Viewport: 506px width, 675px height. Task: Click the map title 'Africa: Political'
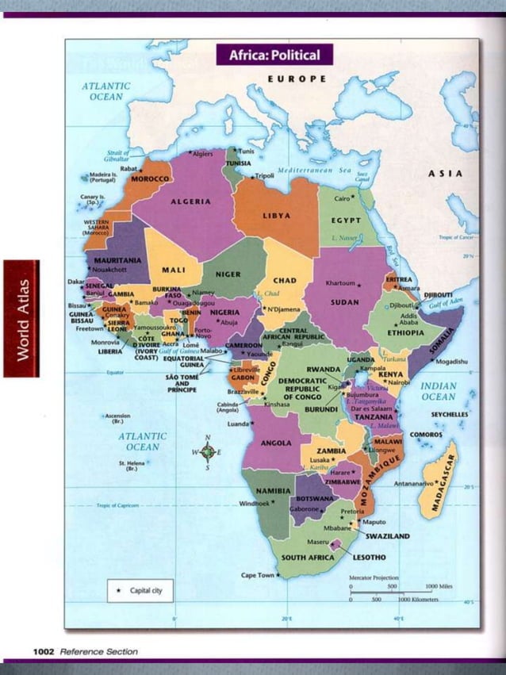(274, 55)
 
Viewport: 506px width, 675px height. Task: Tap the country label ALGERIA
(190, 201)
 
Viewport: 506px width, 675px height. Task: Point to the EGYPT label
(347, 220)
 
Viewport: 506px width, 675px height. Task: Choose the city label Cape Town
(258, 575)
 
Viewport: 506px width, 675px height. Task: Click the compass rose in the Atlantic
(208, 453)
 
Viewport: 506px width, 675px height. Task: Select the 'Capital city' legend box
(140, 591)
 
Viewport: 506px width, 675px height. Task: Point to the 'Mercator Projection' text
(374, 578)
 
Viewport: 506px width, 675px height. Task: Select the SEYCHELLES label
(450, 414)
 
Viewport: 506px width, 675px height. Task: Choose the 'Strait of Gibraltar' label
(120, 155)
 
